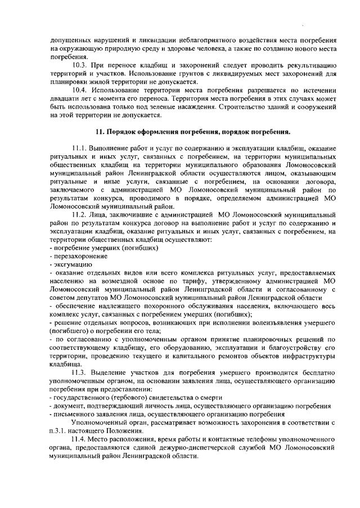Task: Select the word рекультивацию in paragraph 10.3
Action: click(312, 65)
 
